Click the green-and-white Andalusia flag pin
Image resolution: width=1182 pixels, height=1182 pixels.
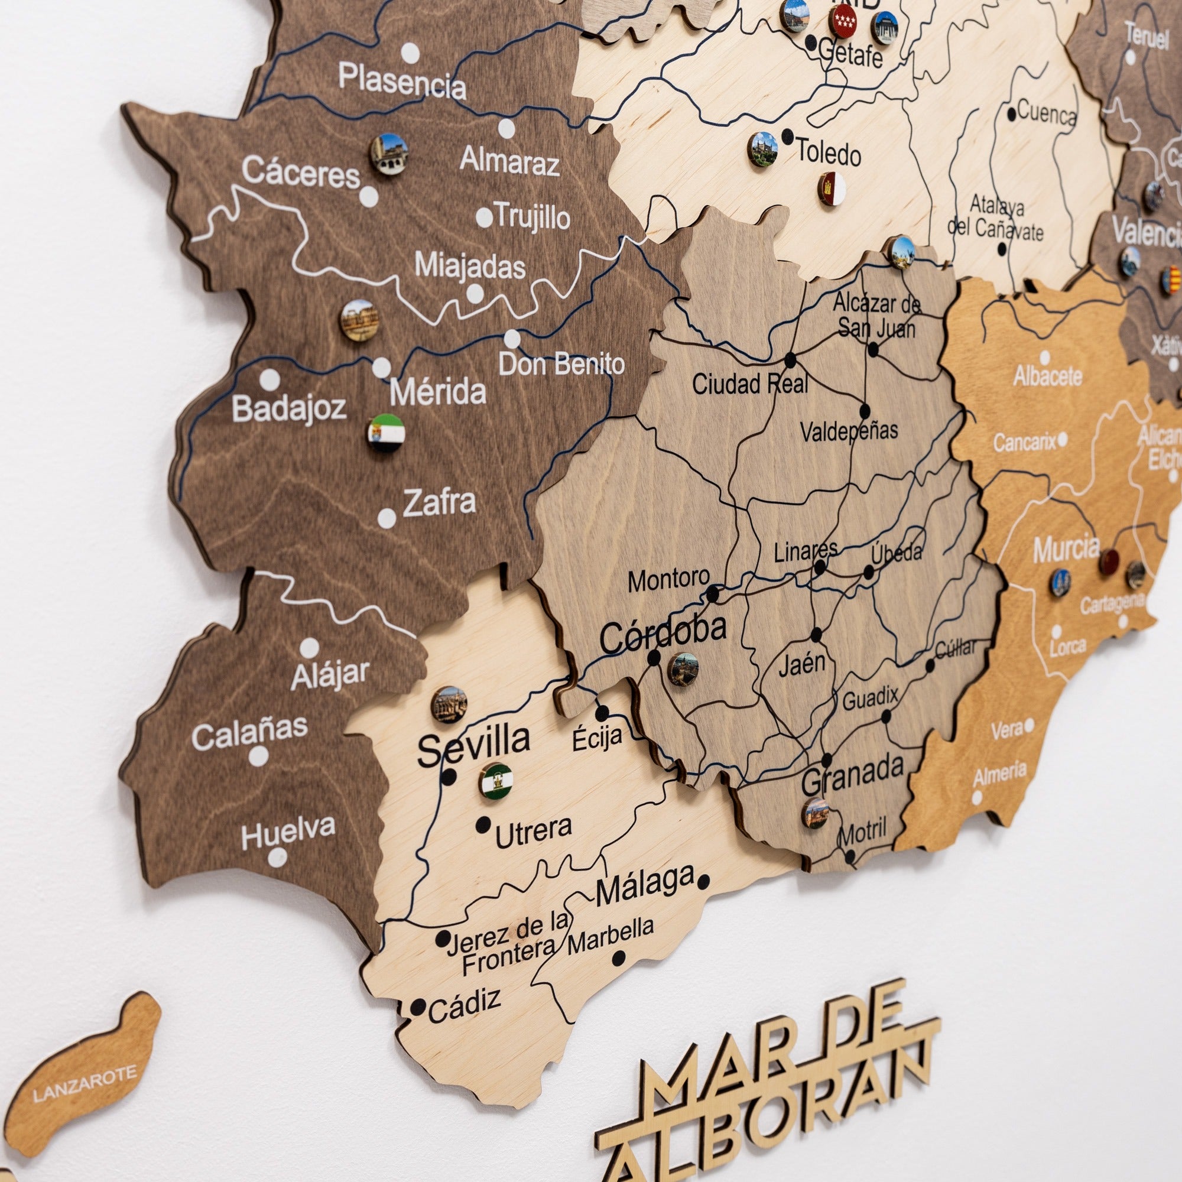496,781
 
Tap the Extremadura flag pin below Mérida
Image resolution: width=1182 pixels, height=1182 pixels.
386,433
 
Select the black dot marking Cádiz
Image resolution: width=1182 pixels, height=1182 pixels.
418,1008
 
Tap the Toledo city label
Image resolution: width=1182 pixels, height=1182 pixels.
829,152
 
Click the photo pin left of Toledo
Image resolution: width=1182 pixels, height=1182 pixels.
762,150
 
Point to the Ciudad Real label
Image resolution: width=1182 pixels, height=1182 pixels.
749,384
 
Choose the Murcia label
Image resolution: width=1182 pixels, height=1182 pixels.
1066,549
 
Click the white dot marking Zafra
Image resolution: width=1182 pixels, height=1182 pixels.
387,518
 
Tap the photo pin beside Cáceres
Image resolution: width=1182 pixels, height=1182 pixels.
389,154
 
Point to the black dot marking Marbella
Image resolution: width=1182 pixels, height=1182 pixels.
619,958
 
